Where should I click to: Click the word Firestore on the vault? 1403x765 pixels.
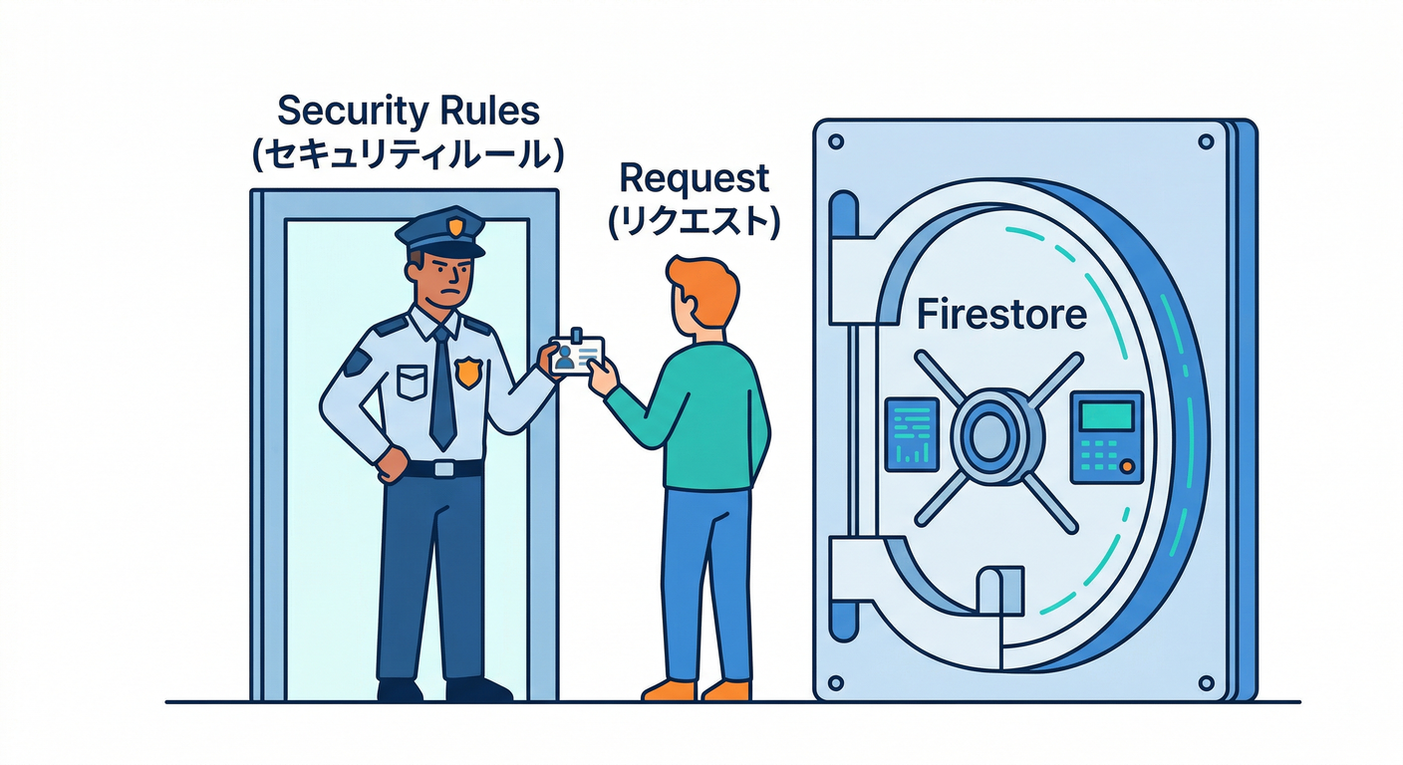(1000, 315)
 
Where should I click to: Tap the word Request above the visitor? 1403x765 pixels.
(695, 178)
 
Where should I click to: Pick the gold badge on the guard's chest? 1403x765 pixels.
(467, 373)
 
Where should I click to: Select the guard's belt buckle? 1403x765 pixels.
(444, 468)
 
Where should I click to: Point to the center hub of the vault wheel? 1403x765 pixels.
(989, 439)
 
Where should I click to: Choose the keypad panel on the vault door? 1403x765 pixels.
(1106, 437)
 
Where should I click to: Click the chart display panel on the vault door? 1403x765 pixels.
(912, 434)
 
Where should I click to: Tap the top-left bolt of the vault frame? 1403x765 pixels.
(836, 140)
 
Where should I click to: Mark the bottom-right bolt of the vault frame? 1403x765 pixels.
(1208, 682)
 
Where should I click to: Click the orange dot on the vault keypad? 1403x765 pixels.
(1126, 466)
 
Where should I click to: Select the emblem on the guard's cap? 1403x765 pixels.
(454, 227)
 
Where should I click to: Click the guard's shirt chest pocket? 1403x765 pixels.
(411, 382)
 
